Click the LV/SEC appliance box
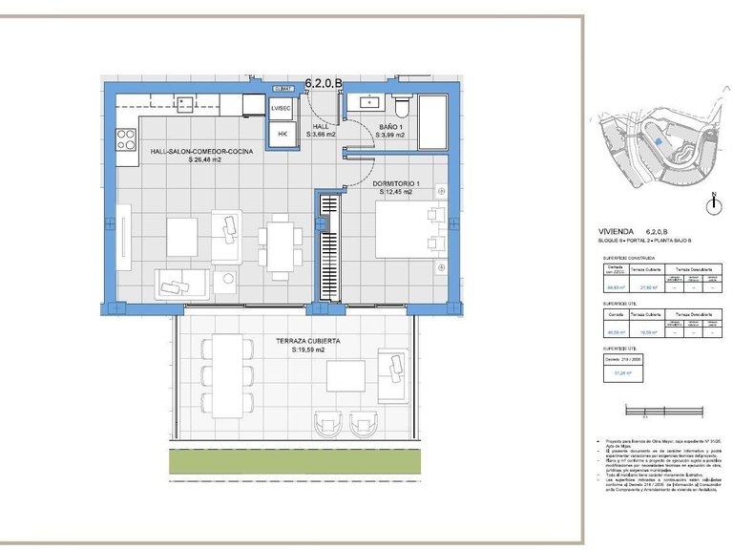coord(282,109)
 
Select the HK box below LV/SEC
coord(282,135)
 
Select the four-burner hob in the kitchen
coord(126,139)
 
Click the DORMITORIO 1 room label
coord(395,183)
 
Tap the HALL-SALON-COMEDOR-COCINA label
coord(201,151)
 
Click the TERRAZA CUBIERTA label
coord(308,341)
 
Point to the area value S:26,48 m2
coord(205,160)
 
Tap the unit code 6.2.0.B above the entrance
coord(323,83)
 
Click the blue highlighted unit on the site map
coord(660,141)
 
